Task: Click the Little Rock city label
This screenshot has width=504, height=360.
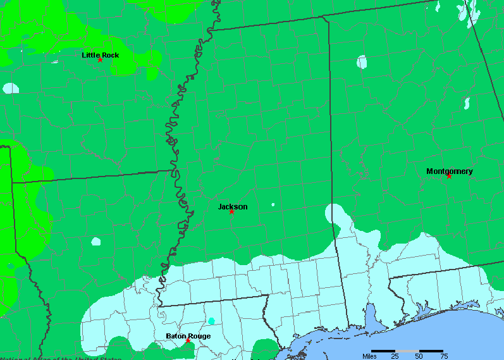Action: point(100,55)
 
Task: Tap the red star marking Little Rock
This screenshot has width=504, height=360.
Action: point(100,59)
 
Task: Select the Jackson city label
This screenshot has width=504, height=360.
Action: point(233,206)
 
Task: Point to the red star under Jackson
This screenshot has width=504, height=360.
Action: point(231,211)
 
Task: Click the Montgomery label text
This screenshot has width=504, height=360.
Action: point(449,171)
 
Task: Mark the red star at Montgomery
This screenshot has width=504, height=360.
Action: point(449,175)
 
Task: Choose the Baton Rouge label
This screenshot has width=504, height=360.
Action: point(188,336)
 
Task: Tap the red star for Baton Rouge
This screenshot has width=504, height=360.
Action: point(188,341)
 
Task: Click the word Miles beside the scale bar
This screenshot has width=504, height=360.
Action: point(369,356)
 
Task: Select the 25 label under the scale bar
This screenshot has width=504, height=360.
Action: point(395,356)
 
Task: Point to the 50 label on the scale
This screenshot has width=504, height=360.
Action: point(419,356)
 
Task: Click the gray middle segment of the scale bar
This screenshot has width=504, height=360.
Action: point(407,351)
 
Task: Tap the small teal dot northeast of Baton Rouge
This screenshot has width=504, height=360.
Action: point(211,321)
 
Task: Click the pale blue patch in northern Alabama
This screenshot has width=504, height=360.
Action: point(362,62)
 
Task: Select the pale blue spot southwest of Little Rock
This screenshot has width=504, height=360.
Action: point(10,89)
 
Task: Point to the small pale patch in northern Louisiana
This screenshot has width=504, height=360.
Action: point(95,241)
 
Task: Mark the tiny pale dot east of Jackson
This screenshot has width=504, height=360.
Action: point(273,204)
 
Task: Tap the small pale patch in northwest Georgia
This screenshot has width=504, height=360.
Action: point(467,102)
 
